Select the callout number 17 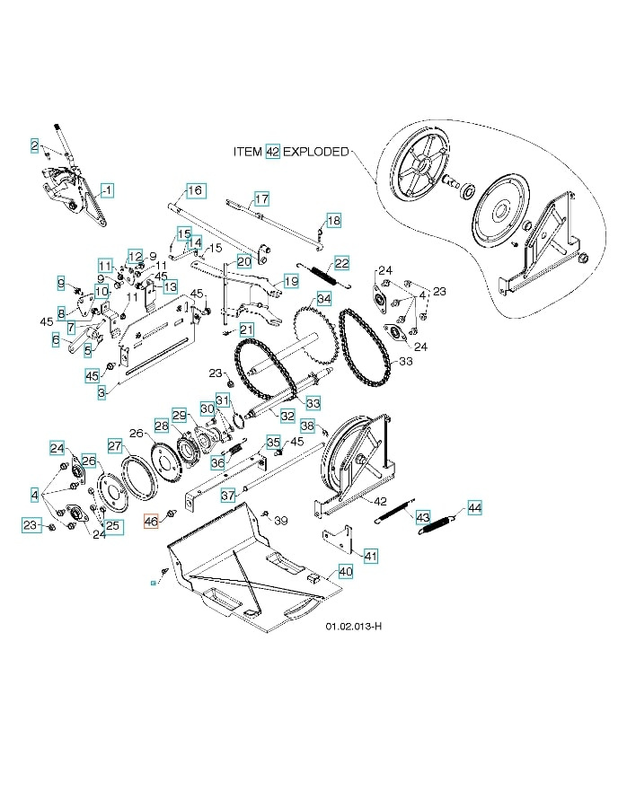tap(261, 198)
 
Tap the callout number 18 tap(333, 220)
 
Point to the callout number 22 tap(341, 263)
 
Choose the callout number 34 tap(323, 298)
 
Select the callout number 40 tap(345, 571)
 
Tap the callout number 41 tap(370, 557)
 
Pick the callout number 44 tap(474, 508)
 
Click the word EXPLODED tap(316, 152)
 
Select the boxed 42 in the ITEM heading tap(273, 152)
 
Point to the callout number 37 tap(228, 495)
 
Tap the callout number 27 tap(115, 445)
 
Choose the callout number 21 tap(247, 330)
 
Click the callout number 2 tap(34, 145)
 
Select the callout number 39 tap(280, 521)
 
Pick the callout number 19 tap(291, 281)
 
